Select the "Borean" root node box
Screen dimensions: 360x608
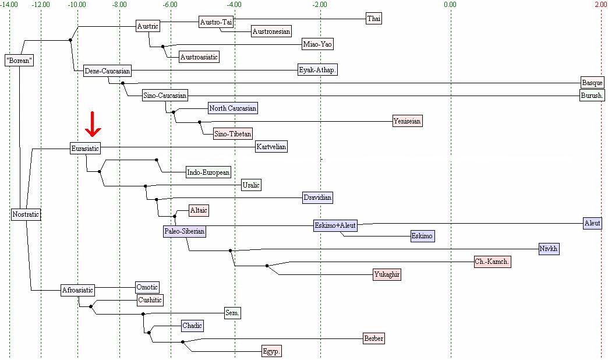(x=19, y=60)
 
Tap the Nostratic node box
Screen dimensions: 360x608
(x=26, y=214)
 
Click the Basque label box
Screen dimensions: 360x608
(x=592, y=83)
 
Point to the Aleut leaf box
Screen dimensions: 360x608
(x=592, y=223)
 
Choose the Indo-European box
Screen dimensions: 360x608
(x=208, y=172)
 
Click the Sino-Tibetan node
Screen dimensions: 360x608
(x=232, y=134)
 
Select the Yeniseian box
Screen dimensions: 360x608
(x=407, y=121)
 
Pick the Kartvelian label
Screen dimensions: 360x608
(x=271, y=147)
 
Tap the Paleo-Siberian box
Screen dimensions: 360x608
(x=185, y=231)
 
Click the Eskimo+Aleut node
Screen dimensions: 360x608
(x=335, y=225)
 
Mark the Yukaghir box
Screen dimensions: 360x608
(x=387, y=274)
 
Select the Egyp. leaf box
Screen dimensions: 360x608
(x=271, y=351)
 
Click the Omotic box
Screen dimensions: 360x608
(x=147, y=287)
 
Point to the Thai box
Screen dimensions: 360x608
(x=374, y=19)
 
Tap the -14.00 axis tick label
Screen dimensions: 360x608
(x=9, y=5)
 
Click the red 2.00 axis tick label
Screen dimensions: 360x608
(x=601, y=5)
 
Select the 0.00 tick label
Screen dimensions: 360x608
(x=450, y=5)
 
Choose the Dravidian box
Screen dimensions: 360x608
(x=317, y=197)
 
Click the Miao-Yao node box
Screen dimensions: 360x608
(x=318, y=44)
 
